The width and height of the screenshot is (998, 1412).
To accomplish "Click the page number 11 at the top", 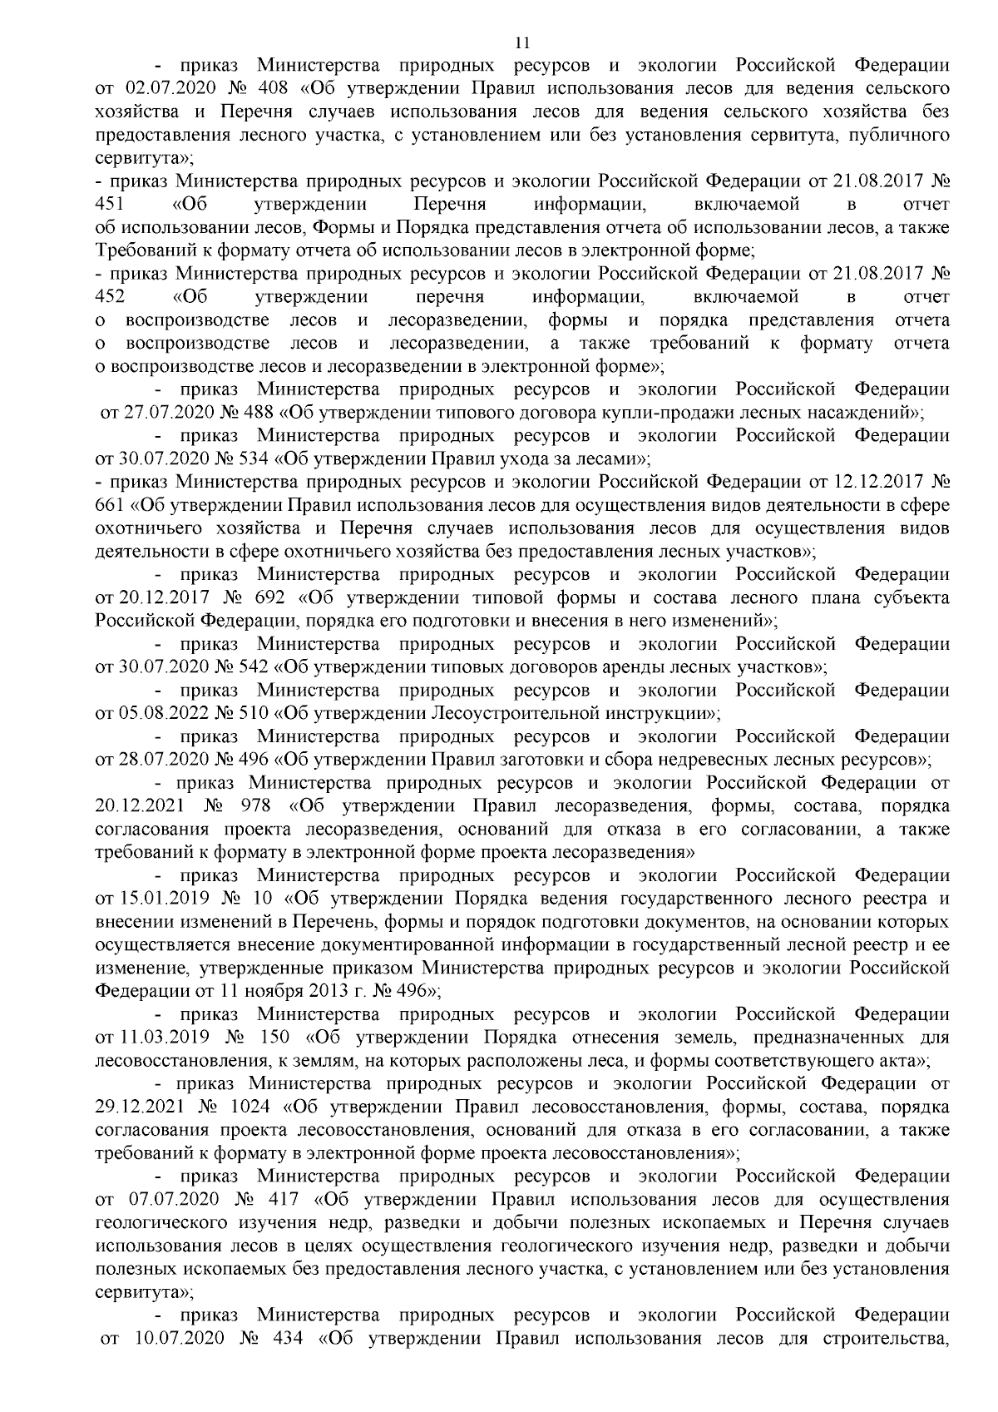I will [x=522, y=43].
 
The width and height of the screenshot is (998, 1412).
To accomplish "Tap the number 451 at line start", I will [x=110, y=204].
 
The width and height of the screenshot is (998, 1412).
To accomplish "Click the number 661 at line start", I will [x=110, y=505].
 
